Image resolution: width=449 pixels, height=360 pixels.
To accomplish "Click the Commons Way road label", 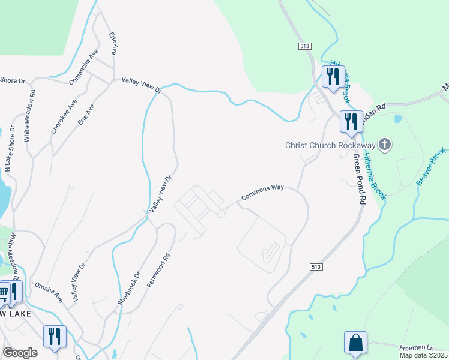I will [x=262, y=193].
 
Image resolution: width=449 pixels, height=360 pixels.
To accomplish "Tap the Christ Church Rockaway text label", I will [x=330, y=145].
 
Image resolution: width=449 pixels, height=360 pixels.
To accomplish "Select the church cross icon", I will [x=385, y=145].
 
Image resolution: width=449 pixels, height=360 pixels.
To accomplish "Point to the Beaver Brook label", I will [x=432, y=166].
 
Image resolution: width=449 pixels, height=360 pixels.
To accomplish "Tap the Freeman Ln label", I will [x=417, y=347].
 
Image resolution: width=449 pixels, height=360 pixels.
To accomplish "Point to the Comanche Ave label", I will [x=83, y=67].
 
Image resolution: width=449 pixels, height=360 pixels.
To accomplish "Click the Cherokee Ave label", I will [x=64, y=116].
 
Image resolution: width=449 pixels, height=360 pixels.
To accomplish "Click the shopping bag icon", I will [x=355, y=343].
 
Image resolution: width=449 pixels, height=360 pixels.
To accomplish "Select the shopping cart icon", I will [x=4, y=293].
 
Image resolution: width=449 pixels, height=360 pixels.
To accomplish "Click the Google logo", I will [x=20, y=353].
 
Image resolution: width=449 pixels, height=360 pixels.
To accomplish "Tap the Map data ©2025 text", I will [x=423, y=355].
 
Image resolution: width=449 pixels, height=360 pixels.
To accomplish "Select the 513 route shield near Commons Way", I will [x=318, y=266].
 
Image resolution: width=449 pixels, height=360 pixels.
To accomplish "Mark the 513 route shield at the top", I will [x=304, y=46].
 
